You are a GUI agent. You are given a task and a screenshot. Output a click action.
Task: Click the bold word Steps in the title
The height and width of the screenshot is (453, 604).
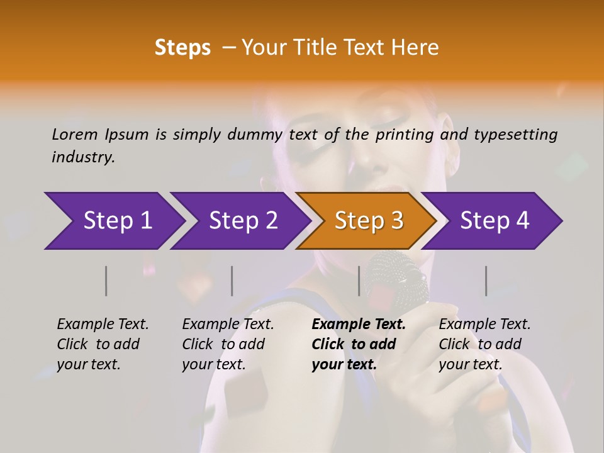click(x=182, y=48)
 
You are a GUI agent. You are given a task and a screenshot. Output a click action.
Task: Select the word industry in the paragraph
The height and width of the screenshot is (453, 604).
click(x=82, y=157)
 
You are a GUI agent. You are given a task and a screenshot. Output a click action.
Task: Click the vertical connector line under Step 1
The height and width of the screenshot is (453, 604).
click(x=106, y=281)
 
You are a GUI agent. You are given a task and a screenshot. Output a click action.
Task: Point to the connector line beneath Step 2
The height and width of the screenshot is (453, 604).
click(x=232, y=281)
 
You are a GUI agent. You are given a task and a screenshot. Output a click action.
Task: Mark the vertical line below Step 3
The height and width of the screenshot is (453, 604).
click(x=359, y=281)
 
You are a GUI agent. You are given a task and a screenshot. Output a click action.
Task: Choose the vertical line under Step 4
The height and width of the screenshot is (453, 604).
click(x=486, y=281)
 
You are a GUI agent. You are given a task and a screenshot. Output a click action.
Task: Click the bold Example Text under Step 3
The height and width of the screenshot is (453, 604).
click(x=359, y=325)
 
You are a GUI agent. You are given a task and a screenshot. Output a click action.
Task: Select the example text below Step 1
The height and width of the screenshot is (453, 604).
click(x=103, y=344)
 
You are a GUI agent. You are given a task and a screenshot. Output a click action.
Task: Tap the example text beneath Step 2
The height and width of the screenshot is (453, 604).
click(x=228, y=344)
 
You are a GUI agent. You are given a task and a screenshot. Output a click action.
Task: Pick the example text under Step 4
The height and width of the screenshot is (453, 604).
click(x=484, y=344)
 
